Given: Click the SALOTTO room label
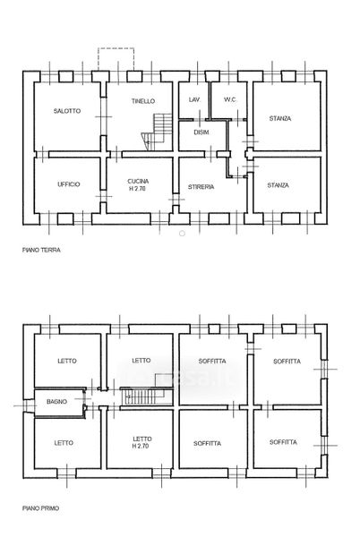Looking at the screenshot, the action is point(67,111).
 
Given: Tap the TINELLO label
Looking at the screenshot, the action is point(143,101).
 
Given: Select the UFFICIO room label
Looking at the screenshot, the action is point(68,184).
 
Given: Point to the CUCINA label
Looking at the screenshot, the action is point(138,182).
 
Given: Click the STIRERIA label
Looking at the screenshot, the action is point(201,187).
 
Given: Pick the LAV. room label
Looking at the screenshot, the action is point(194,99).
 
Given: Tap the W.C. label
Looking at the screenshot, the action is point(230,99).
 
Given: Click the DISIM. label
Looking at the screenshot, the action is point(201,132).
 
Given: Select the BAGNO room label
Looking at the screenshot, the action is point(56,401).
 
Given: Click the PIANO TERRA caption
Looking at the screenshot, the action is point(41,251).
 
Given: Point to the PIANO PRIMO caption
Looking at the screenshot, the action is point(41,508).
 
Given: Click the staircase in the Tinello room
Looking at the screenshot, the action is point(157,132).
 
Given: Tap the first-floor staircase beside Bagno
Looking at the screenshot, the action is point(147,396).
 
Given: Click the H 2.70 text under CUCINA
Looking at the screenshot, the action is point(137,188).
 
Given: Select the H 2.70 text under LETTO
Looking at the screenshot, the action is point(141,446).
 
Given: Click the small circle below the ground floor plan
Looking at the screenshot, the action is point(182,234).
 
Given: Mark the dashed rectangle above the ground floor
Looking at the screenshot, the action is point(116,60).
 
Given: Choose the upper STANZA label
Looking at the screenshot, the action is point(280,119).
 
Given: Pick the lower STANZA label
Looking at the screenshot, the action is point(279,185).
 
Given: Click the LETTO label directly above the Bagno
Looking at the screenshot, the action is point(67,361).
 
